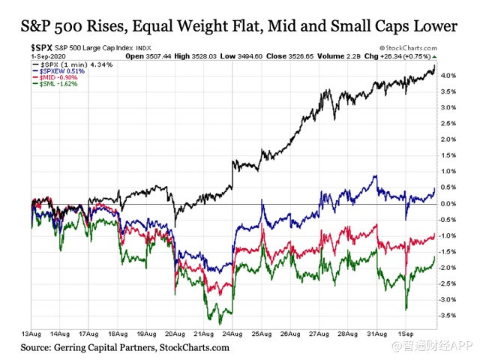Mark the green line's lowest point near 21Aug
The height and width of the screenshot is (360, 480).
[220, 322]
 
